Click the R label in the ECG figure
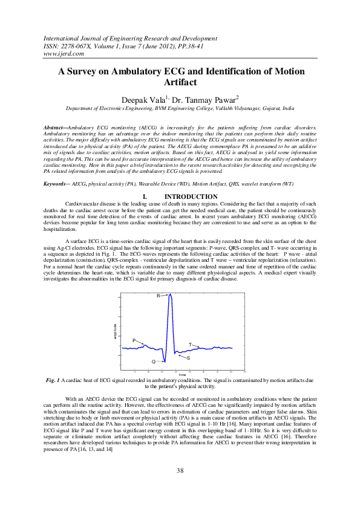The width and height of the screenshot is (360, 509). [159, 296]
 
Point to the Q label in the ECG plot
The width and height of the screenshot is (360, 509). [153, 361]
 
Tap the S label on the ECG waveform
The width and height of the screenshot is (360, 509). [188, 358]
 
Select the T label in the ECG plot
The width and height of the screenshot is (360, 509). [190, 344]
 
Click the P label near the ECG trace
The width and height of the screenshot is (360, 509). [134, 341]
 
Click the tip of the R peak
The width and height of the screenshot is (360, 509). [170, 294]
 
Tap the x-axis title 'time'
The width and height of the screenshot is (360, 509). [182, 375]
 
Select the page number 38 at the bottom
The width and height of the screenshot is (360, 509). [180, 471]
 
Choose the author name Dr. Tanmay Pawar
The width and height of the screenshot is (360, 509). [198, 97]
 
